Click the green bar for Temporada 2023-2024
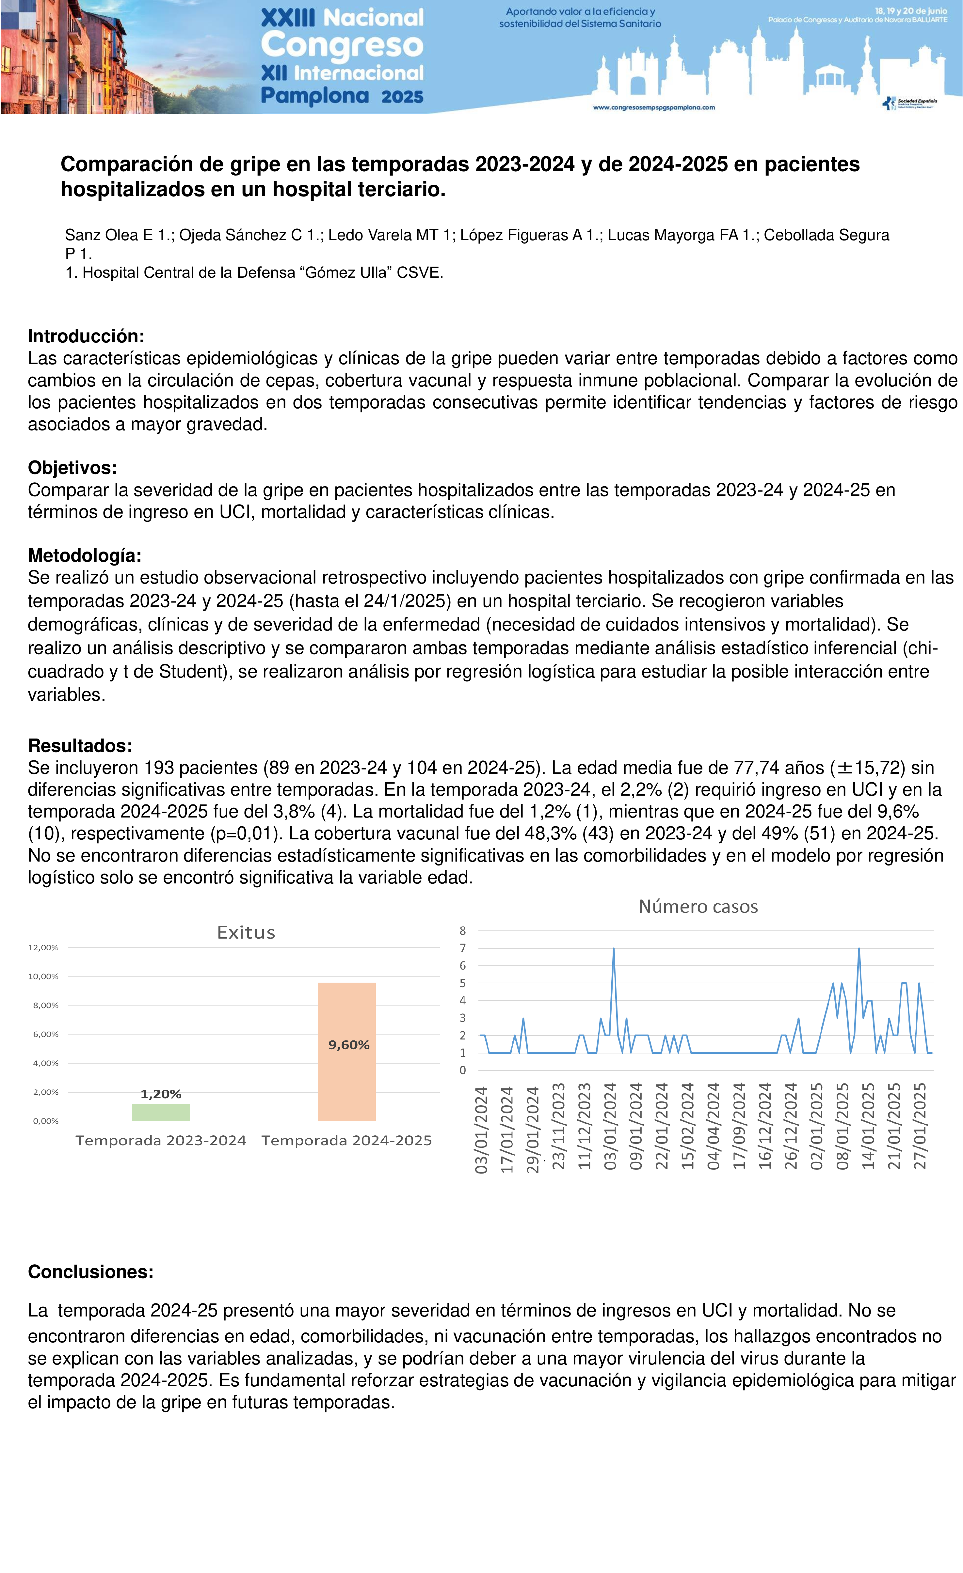pyautogui.click(x=161, y=1112)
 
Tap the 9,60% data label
pyautogui.click(x=349, y=1045)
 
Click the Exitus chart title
pyautogui.click(x=246, y=933)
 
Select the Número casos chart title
pyautogui.click(x=698, y=907)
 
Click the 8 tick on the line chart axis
pyautogui.click(x=463, y=931)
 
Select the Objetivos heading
pyautogui.click(x=72, y=468)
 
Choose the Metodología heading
pyautogui.click(x=84, y=555)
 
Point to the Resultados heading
pyautogui.click(x=80, y=746)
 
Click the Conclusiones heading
pyautogui.click(x=91, y=1272)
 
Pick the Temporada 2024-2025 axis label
pyautogui.click(x=347, y=1141)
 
